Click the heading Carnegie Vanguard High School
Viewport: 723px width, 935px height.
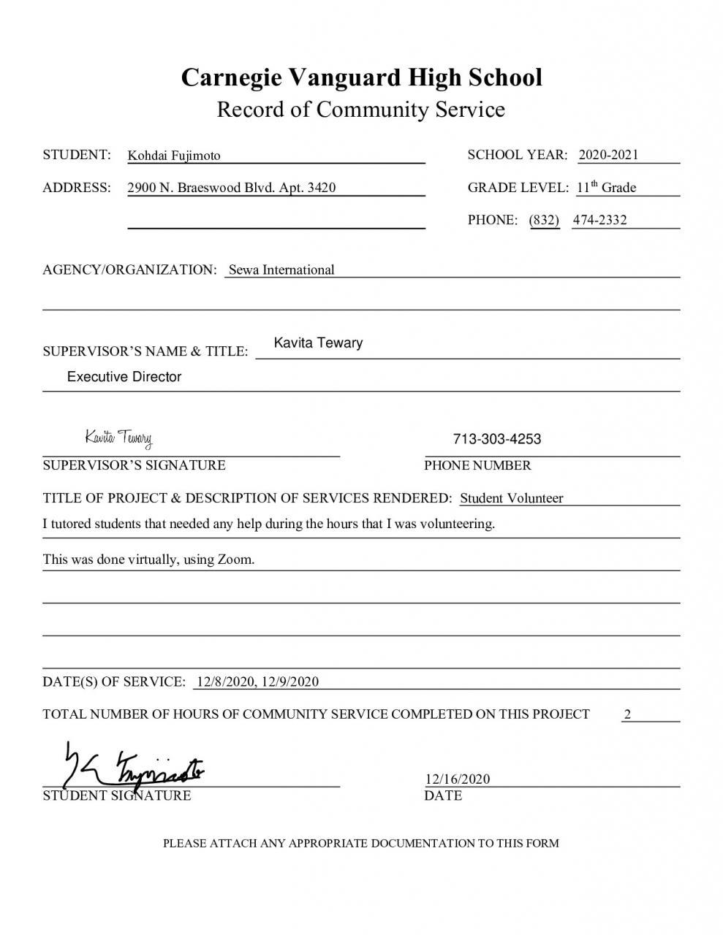(361, 77)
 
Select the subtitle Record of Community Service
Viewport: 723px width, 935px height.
(361, 110)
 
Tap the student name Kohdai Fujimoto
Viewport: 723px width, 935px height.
(174, 156)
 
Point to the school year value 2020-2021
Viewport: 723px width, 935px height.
(608, 154)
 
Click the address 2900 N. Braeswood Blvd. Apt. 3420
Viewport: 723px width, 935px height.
(232, 188)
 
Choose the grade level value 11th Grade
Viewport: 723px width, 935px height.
(606, 188)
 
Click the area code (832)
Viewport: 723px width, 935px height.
(544, 220)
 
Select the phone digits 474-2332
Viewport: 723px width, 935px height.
(599, 220)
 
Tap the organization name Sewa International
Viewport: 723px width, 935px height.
(281, 270)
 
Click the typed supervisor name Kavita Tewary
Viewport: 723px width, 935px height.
(318, 343)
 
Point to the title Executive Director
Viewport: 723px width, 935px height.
(124, 377)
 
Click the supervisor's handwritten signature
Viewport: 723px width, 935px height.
(118, 438)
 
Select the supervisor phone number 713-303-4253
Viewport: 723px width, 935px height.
(497, 439)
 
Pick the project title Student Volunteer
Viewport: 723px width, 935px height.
(511, 498)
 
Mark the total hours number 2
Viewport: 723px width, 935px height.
(627, 714)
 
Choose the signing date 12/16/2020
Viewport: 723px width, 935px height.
(457, 779)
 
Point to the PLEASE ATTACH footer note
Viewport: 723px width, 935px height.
(360, 843)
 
